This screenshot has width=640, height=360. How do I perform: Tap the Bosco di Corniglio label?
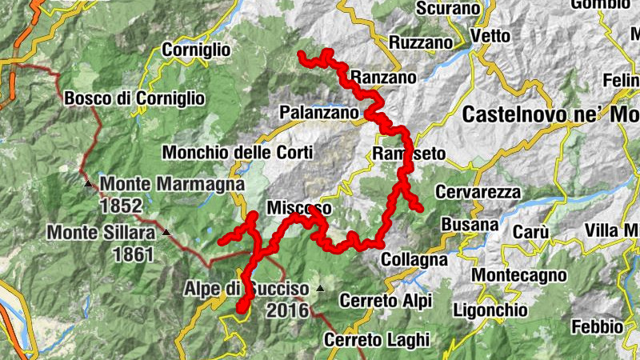click(x=134, y=98)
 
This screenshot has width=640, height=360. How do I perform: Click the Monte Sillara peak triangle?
click(x=166, y=233)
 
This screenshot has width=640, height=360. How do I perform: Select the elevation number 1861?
click(x=134, y=254)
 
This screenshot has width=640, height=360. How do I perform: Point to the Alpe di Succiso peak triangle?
click(x=321, y=288)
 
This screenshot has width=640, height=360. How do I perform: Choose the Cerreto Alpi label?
click(x=386, y=301)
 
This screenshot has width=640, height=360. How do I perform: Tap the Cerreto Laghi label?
click(x=376, y=339)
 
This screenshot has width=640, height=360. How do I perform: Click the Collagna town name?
click(x=414, y=260)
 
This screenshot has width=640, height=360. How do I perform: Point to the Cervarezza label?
click(x=479, y=193)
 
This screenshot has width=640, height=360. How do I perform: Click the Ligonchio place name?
click(x=490, y=310)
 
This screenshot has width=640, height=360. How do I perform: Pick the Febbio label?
click(x=597, y=326)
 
